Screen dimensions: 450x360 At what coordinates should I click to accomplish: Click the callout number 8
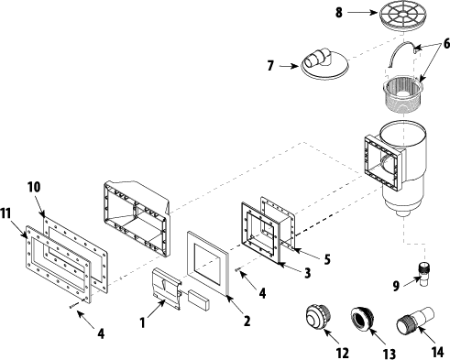pos(339,13)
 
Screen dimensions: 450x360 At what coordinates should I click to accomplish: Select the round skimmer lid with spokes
pos(401,16)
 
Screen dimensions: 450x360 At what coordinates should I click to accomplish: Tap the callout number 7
pos(270,66)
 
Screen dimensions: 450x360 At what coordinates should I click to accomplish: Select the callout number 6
pos(446,44)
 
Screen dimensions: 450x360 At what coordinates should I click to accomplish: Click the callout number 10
pos(34,187)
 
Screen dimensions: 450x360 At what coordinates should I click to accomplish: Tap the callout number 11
pos(5,213)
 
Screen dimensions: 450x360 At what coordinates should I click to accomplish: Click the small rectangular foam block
pos(199,300)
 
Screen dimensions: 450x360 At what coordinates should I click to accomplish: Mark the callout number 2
pos(247,321)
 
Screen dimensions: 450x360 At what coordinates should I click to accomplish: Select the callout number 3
pos(307,272)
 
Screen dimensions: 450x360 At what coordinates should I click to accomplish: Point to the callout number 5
pos(327,259)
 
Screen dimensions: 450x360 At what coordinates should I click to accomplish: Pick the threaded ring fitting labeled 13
pos(363,319)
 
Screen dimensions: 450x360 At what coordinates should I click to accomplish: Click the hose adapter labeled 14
pos(416,321)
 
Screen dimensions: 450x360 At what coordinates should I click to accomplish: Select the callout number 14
pos(437,352)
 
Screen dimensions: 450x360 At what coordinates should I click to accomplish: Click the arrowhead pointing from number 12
pos(326,332)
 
